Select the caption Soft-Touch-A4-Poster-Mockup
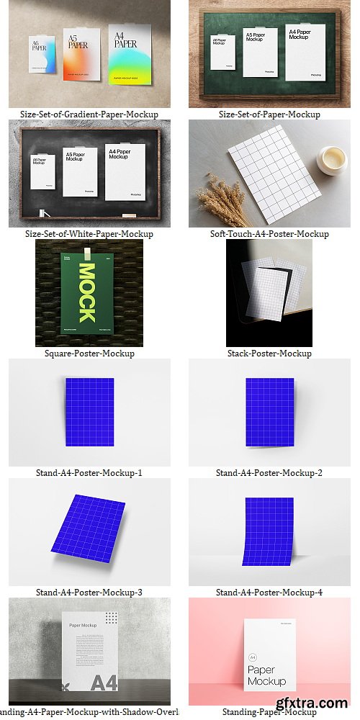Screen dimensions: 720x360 (x=269, y=234)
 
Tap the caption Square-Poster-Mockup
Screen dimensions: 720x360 (x=89, y=354)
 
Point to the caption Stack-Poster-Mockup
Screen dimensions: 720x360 (x=269, y=354)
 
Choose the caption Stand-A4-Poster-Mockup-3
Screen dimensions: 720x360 (x=89, y=593)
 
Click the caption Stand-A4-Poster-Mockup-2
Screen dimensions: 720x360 (x=269, y=473)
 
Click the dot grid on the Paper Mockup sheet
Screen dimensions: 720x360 (x=110, y=618)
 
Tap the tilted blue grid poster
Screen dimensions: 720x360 (x=89, y=528)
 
